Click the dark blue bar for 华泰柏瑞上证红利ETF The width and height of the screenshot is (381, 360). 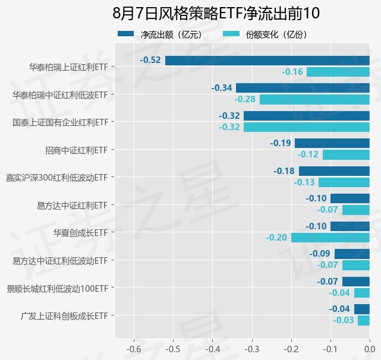tap(267, 60)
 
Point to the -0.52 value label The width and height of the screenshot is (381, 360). tap(151, 60)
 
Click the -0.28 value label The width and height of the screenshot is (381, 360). tap(245, 99)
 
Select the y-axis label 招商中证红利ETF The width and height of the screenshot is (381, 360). tap(77, 150)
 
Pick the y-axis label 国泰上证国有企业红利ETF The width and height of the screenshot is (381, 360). tap(61, 122)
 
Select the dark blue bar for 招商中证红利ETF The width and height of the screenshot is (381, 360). tap(332, 143)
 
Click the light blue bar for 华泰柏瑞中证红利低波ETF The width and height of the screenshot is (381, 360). tap(314, 99)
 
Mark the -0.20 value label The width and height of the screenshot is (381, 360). tap(276, 238)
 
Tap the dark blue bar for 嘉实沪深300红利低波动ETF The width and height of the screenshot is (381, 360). tap(334, 171)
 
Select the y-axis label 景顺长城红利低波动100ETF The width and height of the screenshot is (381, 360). tap(58, 288)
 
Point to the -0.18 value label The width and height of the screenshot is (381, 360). tap(284, 171)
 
